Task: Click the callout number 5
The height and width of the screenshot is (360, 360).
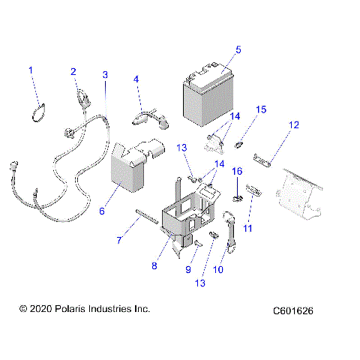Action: pyautogui.click(x=238, y=50)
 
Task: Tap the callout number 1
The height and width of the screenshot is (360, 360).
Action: pyautogui.click(x=31, y=70)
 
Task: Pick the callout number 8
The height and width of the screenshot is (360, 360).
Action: pyautogui.click(x=155, y=265)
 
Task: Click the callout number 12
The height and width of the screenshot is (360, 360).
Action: pyautogui.click(x=294, y=124)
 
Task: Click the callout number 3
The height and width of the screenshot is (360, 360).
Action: pyautogui.click(x=105, y=74)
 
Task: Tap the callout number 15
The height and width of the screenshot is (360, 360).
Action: pyautogui.click(x=262, y=109)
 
